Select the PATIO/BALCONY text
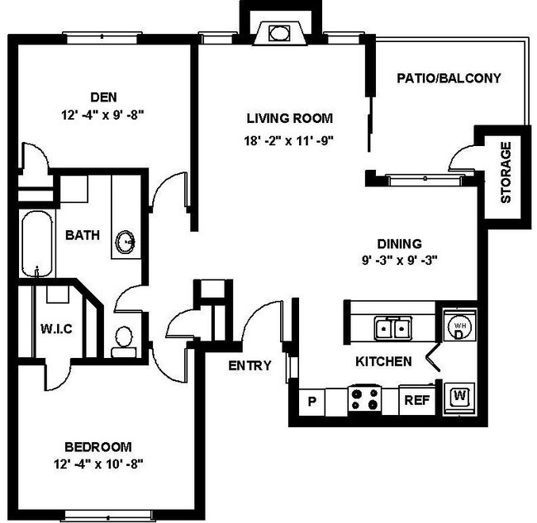(x=449, y=78)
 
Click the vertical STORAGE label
(x=506, y=173)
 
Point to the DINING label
(x=399, y=243)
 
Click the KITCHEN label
(x=383, y=361)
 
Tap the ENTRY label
(x=250, y=365)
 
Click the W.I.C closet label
(x=57, y=329)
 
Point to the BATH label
(x=83, y=235)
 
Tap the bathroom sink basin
(x=126, y=242)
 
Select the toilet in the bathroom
(x=124, y=338)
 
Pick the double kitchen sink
(x=392, y=329)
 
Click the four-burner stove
(x=365, y=401)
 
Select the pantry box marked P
(x=312, y=402)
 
